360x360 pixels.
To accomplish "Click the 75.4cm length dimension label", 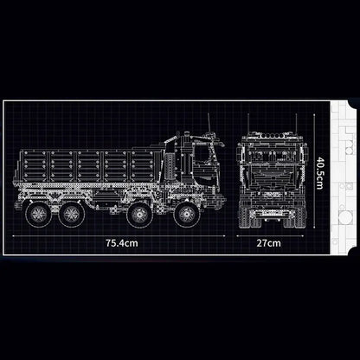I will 121,243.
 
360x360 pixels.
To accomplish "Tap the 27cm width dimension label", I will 268,243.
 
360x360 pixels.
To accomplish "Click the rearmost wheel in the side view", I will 37,214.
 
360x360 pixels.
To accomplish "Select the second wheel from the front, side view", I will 141,214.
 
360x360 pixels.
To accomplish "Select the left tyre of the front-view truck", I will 244,214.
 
